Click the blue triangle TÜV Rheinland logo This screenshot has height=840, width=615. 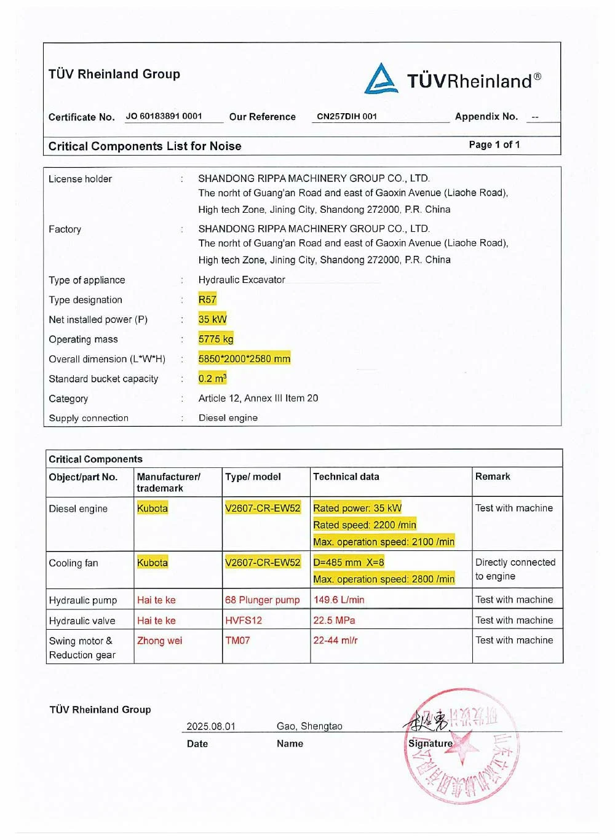(x=381, y=79)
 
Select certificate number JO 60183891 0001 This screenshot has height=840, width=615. (x=164, y=116)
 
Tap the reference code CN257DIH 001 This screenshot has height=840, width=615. (x=347, y=116)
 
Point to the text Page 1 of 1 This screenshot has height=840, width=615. (x=494, y=145)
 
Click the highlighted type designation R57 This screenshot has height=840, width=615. (x=207, y=299)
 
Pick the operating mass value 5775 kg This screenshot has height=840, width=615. (x=215, y=339)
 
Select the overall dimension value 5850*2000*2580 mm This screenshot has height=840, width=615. (x=244, y=359)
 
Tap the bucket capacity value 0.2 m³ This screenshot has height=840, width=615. (x=212, y=378)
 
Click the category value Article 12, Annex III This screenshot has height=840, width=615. (x=258, y=398)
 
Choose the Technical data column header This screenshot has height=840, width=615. (x=346, y=477)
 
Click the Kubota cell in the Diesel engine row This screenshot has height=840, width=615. (x=153, y=508)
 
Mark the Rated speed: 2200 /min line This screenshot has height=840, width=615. (x=365, y=525)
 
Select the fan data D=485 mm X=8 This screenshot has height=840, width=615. (x=349, y=562)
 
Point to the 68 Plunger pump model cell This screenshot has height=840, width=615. (x=263, y=600)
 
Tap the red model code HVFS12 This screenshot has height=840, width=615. (x=244, y=620)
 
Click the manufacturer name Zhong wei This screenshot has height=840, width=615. (x=160, y=640)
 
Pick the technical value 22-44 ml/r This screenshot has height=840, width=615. (x=335, y=640)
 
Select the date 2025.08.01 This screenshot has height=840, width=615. (x=211, y=726)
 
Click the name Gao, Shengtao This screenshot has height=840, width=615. (x=309, y=726)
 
